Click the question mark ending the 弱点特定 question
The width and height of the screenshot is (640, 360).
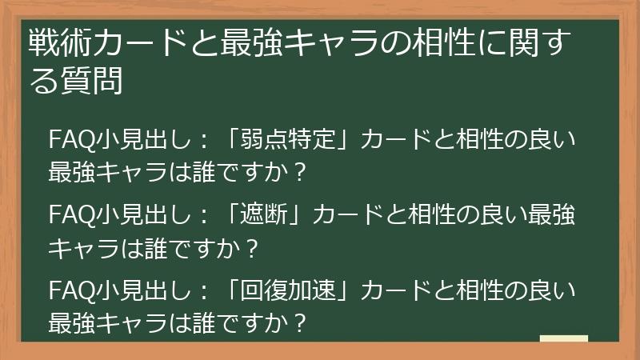tap(299, 172)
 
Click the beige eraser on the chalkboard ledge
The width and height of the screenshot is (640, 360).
tap(563, 339)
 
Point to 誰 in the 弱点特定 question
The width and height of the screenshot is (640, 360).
tap(201, 172)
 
